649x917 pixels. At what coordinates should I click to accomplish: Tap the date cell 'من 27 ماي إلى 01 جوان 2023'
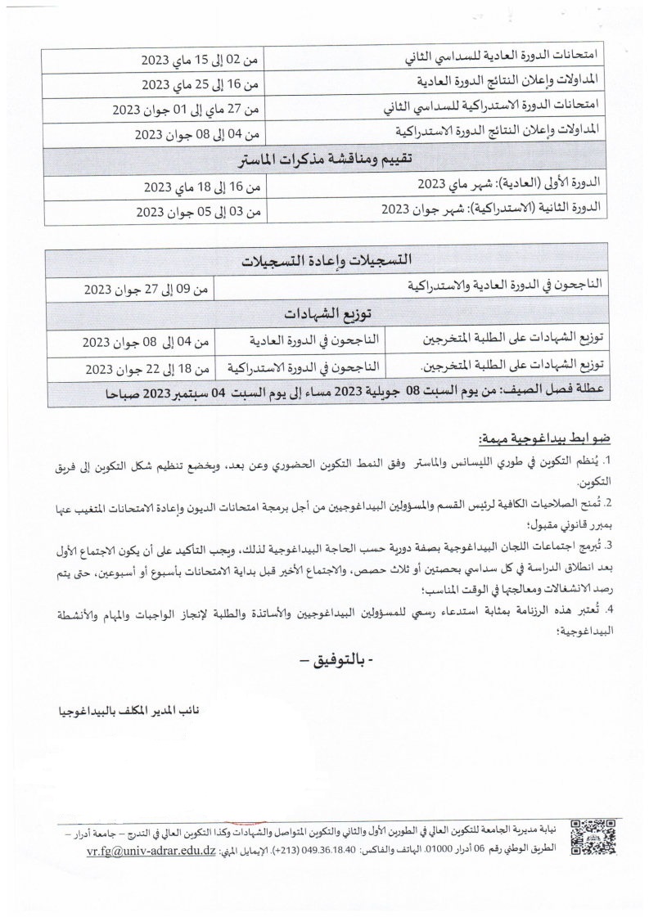(x=186, y=109)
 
